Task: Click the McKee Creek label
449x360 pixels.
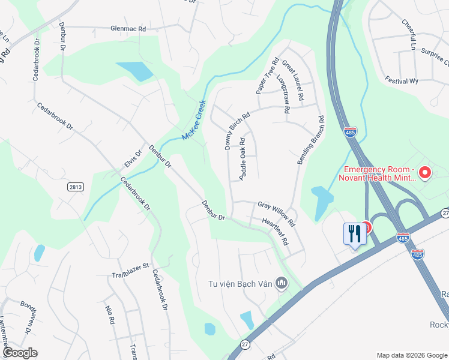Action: pos(194,120)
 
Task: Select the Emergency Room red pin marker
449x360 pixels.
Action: pos(426,173)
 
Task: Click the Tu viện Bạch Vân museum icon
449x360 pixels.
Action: pos(281,283)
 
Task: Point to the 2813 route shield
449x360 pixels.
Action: pos(74,188)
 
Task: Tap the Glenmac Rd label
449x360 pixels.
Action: pos(128,28)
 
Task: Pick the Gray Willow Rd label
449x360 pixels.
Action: pos(277,214)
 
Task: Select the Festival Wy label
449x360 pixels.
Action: pos(402,81)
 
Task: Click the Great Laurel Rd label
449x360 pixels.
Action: pos(294,80)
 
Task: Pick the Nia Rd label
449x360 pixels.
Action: pos(110,314)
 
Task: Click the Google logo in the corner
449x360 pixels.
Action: pos(20,353)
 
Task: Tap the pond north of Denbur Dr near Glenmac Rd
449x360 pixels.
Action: pos(136,71)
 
